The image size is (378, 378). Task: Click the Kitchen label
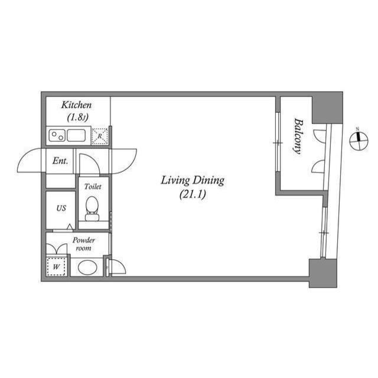point(76,105)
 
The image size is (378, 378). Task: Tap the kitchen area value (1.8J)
point(77,118)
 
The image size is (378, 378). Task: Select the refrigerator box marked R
point(100,136)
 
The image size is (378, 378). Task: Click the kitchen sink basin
point(76,135)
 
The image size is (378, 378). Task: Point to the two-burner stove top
point(57,135)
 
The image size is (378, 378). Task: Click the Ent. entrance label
point(60,161)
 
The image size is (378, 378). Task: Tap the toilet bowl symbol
point(92,208)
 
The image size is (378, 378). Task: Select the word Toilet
point(93,187)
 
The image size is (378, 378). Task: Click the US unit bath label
point(61,208)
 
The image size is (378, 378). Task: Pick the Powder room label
point(84,244)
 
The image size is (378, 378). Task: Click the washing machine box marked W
point(56,266)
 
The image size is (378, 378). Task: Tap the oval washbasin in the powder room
point(87,267)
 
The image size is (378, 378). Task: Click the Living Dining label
point(193,181)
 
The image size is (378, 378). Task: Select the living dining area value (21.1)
point(193,194)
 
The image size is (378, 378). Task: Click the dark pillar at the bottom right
point(323,273)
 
